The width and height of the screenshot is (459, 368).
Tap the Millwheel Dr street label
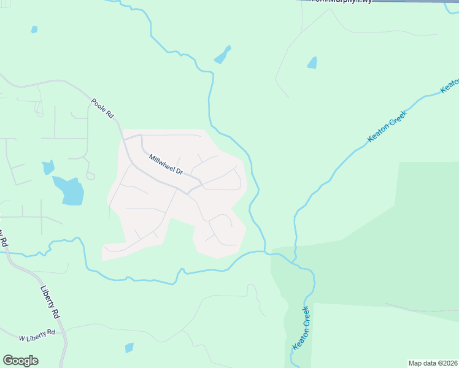[x=166, y=164]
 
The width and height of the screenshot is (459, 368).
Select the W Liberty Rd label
[x=36, y=335]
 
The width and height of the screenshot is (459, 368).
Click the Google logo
[x=20, y=361]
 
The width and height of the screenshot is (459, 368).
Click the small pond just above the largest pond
[x=48, y=167]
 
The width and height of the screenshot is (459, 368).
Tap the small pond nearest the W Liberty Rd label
[x=129, y=348]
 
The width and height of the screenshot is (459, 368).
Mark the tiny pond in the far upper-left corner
[x=34, y=29]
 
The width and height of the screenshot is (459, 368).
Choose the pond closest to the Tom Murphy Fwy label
[x=312, y=63]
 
